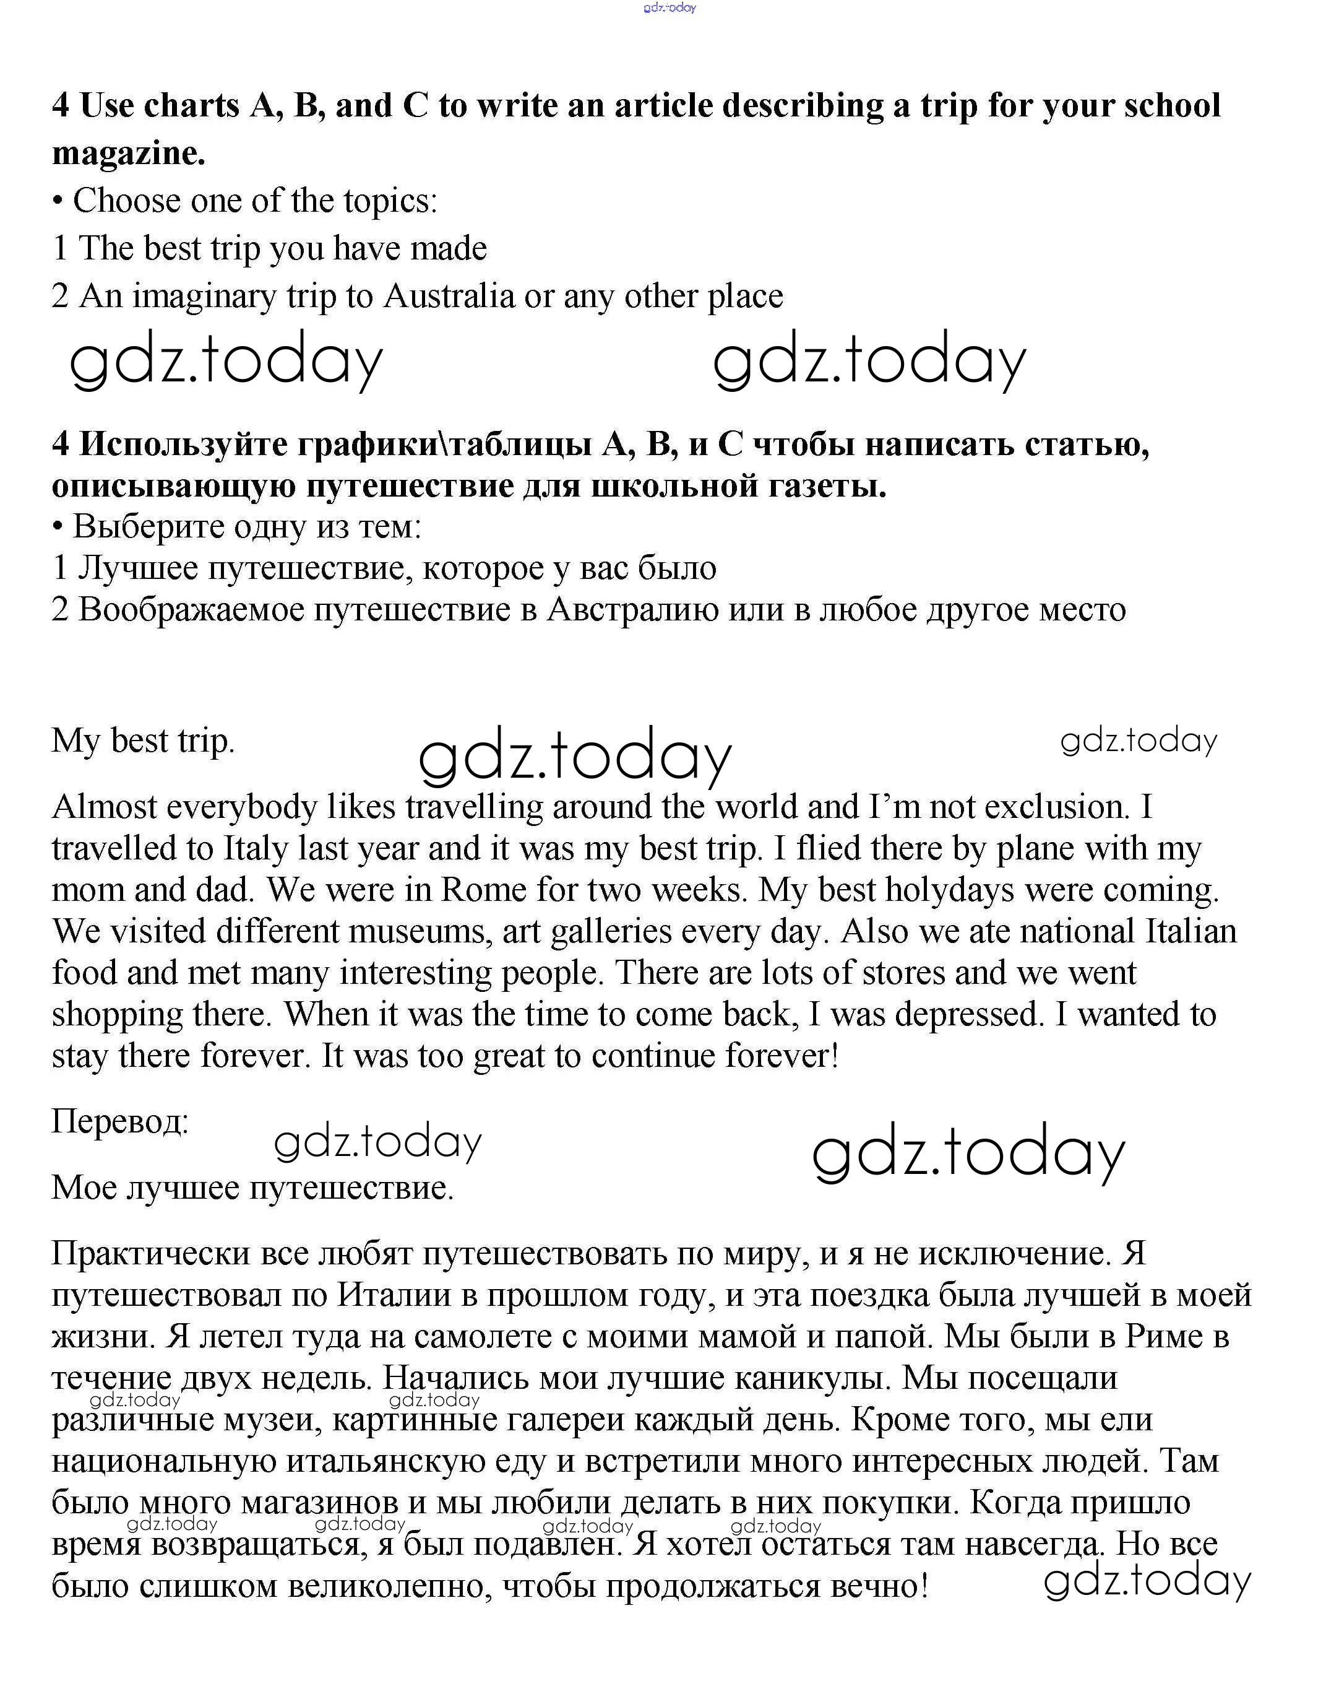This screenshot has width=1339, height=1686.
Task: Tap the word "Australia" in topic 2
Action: coord(449,297)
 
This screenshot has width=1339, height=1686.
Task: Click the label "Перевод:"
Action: coord(119,1122)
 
